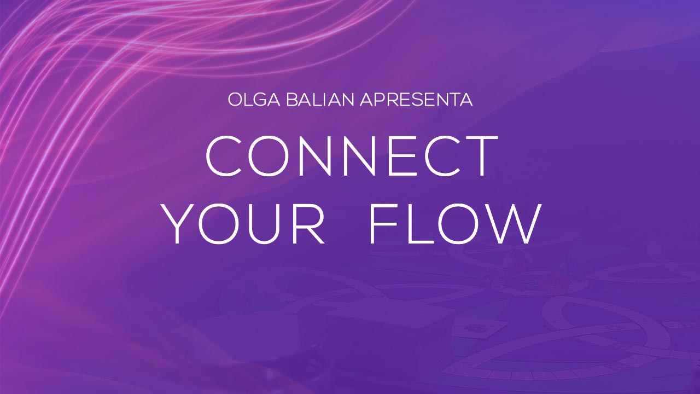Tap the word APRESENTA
416,100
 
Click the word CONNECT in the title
352,156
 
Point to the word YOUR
244,223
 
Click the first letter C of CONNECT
224,156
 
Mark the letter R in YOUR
308,224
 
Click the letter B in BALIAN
292,100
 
